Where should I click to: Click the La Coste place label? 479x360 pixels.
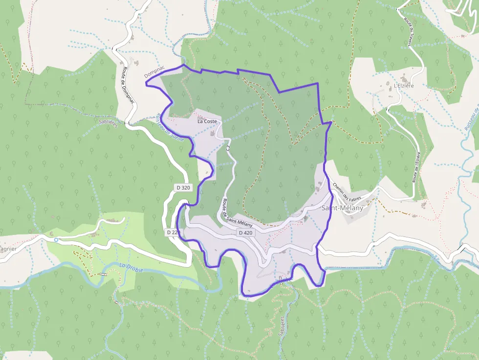[x=207, y=121]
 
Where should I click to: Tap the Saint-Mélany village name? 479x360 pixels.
[x=342, y=208]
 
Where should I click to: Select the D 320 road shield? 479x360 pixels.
[x=183, y=188]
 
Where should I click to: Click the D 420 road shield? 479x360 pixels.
[x=246, y=233]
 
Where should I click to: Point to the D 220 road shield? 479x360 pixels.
[x=173, y=233]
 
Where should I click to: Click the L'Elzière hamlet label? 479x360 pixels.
[x=404, y=85]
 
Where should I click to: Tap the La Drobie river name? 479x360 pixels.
[x=131, y=267]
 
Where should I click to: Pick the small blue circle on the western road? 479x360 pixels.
[x=56, y=240]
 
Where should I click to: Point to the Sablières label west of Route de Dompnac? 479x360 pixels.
[x=108, y=122]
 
